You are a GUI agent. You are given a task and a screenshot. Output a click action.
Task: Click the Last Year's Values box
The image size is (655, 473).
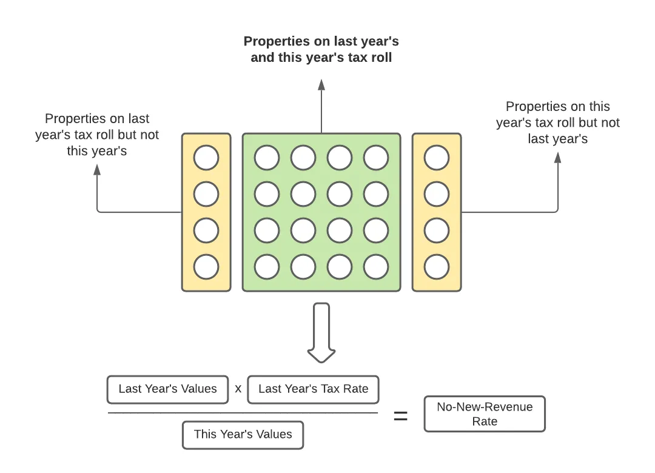[167, 389]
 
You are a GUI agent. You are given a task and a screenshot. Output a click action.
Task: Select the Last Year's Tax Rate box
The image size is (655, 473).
[313, 389]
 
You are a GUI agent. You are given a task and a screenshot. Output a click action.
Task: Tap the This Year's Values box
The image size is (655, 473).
[243, 435]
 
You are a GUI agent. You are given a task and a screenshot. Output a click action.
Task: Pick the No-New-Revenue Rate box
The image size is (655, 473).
[485, 414]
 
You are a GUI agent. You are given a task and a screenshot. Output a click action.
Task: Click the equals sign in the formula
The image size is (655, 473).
[401, 416]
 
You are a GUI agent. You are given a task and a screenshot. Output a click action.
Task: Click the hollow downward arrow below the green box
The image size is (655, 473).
[321, 334]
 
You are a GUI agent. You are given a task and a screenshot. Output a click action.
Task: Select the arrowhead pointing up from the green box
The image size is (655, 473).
[321, 84]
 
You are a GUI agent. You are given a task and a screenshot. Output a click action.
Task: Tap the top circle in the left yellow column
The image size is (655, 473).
[206, 158]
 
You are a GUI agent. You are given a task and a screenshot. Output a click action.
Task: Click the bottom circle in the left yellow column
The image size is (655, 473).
[206, 267]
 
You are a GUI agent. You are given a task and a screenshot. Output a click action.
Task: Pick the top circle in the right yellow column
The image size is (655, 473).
[437, 158]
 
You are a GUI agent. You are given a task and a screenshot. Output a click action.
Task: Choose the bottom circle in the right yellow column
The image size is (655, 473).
[437, 267]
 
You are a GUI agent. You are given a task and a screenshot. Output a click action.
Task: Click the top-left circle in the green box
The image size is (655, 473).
[267, 158]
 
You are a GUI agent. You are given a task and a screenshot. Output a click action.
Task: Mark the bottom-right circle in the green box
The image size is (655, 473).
[376, 267]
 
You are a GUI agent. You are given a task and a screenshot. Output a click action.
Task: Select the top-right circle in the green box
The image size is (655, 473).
[376, 158]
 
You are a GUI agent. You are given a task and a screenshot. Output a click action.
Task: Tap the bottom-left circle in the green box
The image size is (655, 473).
[267, 267]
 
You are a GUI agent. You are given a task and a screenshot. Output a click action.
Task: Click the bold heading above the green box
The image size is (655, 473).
[321, 50]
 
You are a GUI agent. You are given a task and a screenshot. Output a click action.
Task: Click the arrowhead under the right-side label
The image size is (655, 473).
[558, 158]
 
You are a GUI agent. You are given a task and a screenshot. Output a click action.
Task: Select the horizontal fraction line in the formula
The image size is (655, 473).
[243, 413]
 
